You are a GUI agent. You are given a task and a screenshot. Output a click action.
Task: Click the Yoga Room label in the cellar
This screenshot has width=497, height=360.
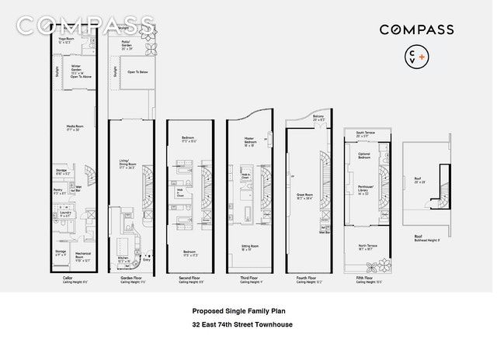click(x=64, y=41)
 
